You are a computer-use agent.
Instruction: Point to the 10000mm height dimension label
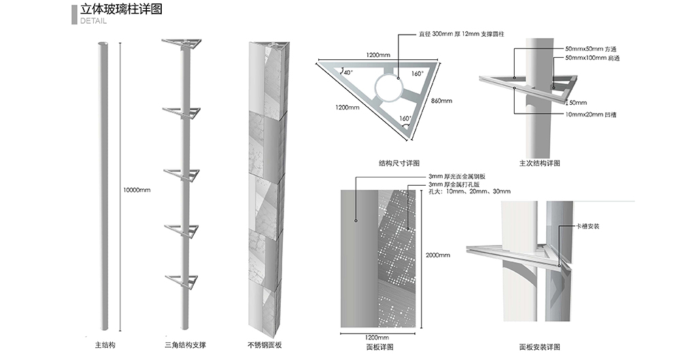point(136,190)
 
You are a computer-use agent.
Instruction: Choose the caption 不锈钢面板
point(265,345)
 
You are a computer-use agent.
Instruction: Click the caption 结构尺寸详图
point(399,163)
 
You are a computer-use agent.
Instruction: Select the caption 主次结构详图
point(539,163)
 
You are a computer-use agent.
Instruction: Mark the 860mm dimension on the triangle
point(441,101)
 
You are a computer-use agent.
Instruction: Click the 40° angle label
point(348,72)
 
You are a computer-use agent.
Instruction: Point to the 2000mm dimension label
point(439,255)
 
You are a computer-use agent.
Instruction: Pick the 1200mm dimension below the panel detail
point(377,338)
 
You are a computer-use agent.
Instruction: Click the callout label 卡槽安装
point(587,226)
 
